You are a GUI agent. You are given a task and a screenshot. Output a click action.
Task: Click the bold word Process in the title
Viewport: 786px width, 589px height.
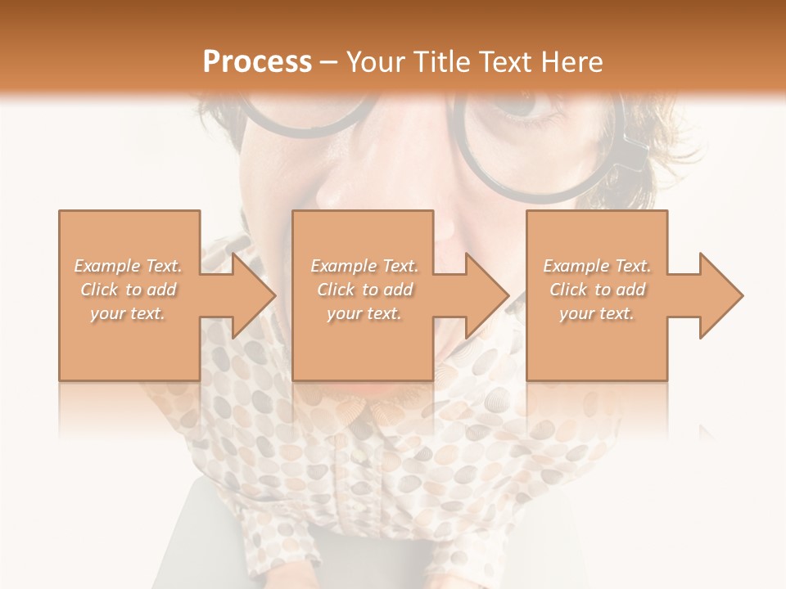pos(257,62)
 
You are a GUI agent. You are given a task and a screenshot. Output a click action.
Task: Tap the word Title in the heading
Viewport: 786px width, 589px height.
pos(440,62)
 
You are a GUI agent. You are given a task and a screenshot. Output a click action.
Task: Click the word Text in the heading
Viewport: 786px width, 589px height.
pos(506,62)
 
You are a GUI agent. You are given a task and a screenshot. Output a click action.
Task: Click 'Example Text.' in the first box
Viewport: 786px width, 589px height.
pos(129,266)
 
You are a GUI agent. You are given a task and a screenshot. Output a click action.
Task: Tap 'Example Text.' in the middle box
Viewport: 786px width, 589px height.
pos(364,266)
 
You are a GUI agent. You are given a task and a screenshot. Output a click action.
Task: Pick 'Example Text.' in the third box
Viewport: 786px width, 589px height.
pos(597,266)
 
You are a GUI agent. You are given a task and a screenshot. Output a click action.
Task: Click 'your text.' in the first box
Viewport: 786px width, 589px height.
pos(129,313)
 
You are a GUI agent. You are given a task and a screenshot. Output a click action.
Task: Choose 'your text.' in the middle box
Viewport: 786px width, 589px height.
pos(364,313)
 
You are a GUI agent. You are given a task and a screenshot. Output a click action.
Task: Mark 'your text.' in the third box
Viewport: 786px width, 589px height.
pos(597,313)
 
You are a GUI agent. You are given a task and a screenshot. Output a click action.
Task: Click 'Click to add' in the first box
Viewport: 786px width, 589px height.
pos(129,290)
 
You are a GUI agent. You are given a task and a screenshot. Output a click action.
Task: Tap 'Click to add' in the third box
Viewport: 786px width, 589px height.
pos(597,290)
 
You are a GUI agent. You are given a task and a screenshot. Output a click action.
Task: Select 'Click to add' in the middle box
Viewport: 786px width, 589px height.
pos(364,290)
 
